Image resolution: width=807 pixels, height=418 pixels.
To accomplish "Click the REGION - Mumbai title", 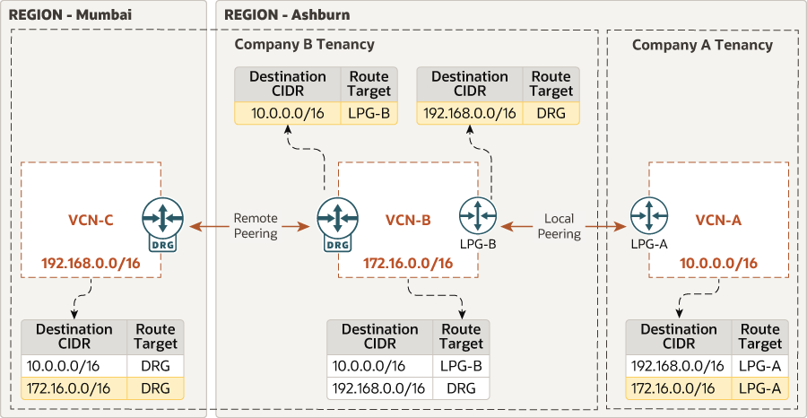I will [x=57, y=15].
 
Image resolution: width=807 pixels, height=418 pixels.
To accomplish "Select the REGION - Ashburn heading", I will [x=286, y=15].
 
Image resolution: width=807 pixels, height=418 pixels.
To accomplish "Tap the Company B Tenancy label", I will [x=304, y=44].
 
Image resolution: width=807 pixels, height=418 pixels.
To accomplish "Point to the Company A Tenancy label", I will [x=702, y=45].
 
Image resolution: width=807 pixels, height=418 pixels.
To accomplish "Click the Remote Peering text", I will [x=256, y=226].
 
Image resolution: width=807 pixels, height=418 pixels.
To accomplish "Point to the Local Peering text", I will [x=560, y=226].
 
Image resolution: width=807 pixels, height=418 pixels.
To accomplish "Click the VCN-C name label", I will [x=91, y=220].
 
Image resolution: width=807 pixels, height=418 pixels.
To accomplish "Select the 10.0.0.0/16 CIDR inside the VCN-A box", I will [x=718, y=263].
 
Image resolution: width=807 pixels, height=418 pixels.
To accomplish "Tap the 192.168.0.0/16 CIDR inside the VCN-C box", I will [x=92, y=263].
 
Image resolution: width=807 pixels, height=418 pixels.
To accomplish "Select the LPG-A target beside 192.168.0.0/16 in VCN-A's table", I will [x=759, y=366].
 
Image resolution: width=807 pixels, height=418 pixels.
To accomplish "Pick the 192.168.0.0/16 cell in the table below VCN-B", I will [x=380, y=388].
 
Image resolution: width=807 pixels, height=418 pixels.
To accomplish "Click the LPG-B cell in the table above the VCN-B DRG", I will [x=369, y=113].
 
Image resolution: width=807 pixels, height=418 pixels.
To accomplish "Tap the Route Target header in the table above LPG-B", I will [x=551, y=83].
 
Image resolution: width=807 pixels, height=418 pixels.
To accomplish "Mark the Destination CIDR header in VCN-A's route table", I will [x=679, y=336].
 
